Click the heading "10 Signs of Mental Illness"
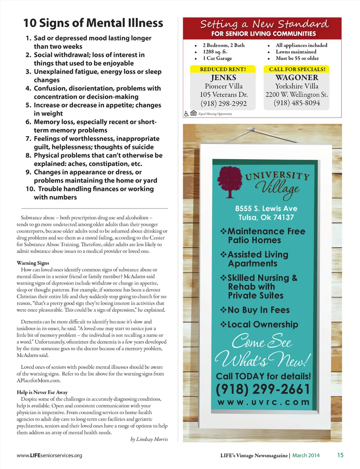coord(93,23)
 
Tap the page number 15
coord(340,455)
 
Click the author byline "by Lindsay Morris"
coord(149,439)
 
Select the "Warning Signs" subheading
coord(33,263)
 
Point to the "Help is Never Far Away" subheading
coord(42,392)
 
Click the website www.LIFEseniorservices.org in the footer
coord(49,455)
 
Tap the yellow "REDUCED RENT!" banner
coord(223,69)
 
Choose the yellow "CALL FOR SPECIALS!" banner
coord(297,69)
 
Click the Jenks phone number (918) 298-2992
coord(223,104)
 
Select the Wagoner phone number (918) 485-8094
coord(297,103)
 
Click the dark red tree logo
coord(230,181)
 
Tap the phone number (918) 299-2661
coord(263,389)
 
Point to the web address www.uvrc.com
coord(263,402)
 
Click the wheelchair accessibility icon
coord(186,113)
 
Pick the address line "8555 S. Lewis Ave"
coord(266,209)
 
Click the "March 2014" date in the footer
coord(306,455)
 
